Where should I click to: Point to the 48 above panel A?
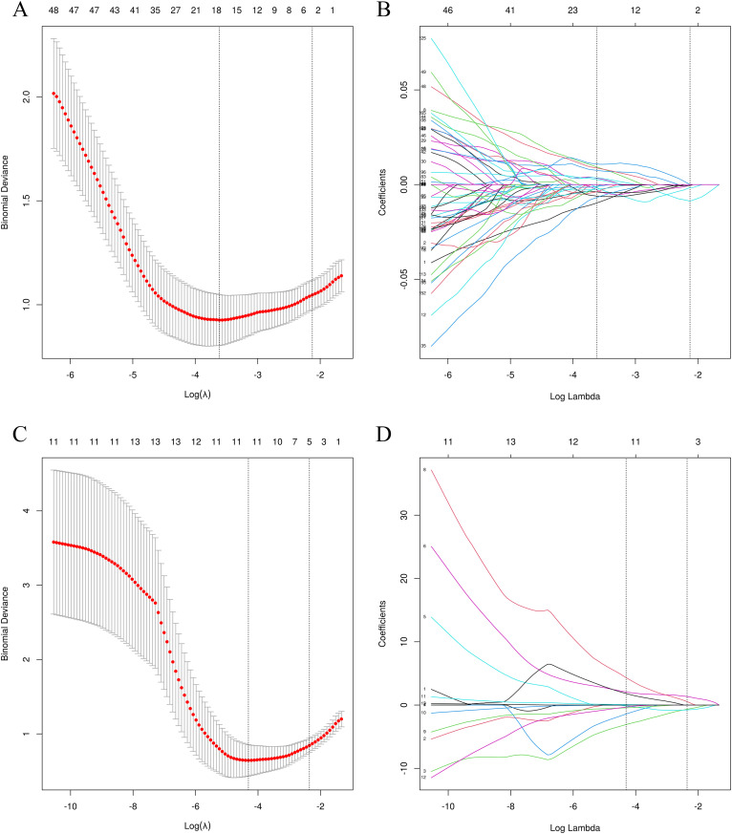(54, 9)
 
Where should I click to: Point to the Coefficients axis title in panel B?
(383, 187)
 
